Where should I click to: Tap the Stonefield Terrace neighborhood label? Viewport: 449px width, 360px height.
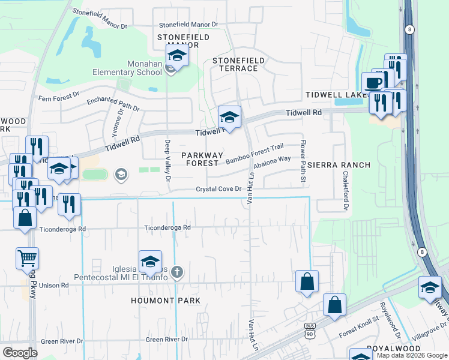pos(235,64)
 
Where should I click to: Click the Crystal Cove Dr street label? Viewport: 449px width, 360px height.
pos(218,189)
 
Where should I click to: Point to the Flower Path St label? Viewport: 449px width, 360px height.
pos(303,161)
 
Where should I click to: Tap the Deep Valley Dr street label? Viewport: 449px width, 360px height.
pos(168,161)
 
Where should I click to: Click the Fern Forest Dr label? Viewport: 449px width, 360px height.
pos(58,96)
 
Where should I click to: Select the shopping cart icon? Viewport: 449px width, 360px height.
pos(27,259)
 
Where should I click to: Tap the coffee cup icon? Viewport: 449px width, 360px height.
pos(373,83)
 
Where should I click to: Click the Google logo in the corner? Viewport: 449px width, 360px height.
pos(20,353)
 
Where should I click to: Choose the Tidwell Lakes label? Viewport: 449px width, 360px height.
pos(337,95)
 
